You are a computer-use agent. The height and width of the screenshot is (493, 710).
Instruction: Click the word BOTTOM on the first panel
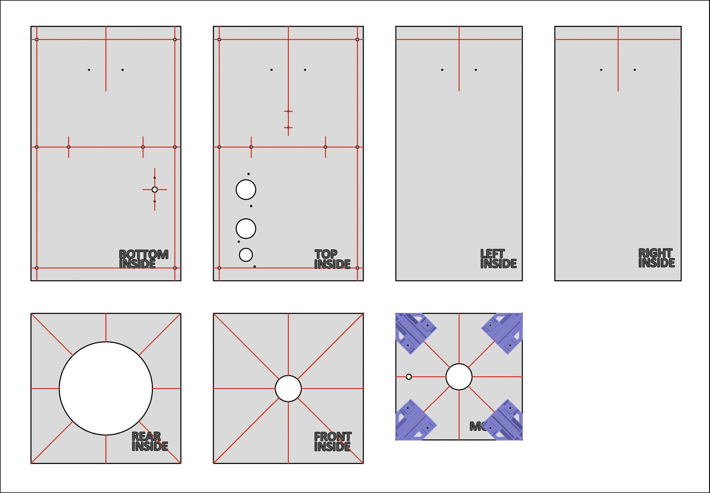click(144, 254)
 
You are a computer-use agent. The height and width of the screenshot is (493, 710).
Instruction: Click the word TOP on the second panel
click(326, 254)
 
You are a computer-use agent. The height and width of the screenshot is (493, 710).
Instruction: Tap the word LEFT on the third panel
click(492, 254)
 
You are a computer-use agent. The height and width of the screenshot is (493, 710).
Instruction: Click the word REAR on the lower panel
click(146, 436)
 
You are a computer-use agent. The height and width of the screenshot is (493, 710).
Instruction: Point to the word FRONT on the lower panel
click(333, 437)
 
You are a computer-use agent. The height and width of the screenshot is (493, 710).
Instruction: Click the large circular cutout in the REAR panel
click(106, 388)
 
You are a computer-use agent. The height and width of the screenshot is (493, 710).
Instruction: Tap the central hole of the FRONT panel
click(288, 388)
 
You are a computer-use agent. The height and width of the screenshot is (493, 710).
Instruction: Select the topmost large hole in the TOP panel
click(246, 189)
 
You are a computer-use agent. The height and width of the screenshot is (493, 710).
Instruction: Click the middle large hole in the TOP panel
click(246, 229)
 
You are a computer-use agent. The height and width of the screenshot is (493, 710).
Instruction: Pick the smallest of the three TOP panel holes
click(246, 255)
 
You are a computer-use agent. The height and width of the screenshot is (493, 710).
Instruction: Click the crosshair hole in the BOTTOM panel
click(154, 189)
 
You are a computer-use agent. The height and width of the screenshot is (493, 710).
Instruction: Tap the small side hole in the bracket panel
click(409, 377)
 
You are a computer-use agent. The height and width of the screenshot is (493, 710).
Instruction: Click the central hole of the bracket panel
click(459, 377)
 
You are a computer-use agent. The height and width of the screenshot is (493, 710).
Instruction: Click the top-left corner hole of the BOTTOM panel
click(37, 39)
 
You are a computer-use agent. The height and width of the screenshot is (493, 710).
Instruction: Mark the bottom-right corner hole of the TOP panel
click(357, 268)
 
